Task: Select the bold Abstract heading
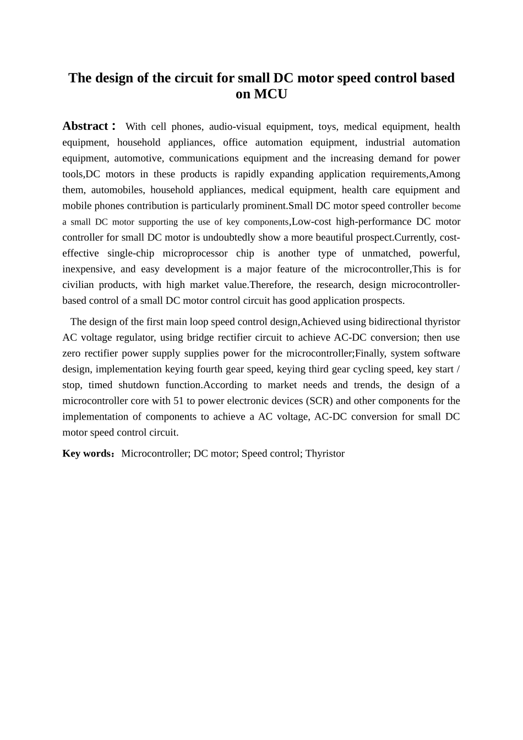(85, 126)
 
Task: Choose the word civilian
(77, 285)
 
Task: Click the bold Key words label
(87, 454)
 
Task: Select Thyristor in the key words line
(325, 454)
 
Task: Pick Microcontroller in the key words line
(155, 454)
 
